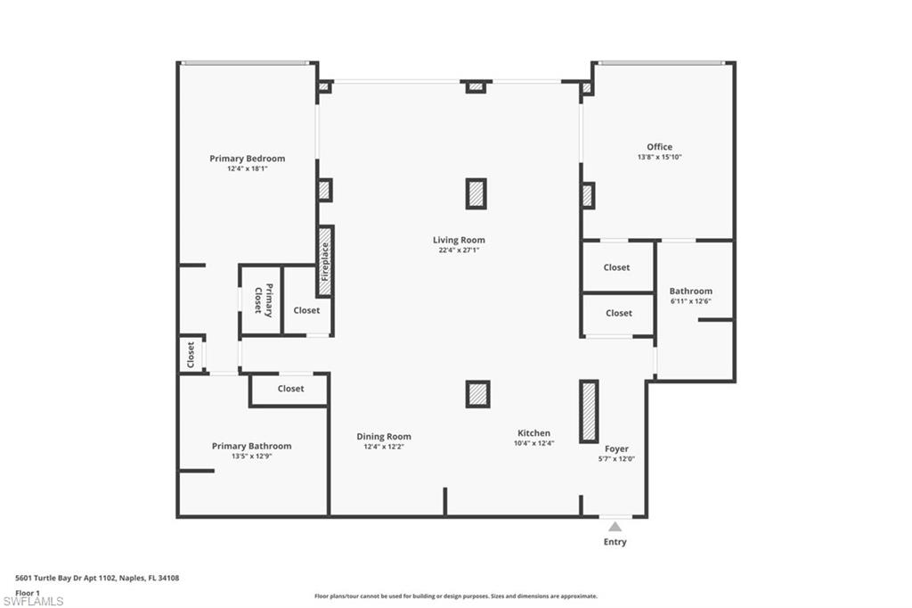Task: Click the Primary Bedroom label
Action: (248, 159)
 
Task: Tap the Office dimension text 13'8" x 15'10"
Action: (659, 157)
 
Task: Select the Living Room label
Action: (459, 240)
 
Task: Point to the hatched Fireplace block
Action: (325, 261)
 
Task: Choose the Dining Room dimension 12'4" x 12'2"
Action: (384, 447)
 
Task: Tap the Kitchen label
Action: (533, 433)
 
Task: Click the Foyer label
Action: (616, 449)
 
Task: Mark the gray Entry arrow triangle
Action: (615, 527)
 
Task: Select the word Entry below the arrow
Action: (615, 542)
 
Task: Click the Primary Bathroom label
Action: (251, 446)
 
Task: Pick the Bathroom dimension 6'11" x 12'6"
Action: (690, 301)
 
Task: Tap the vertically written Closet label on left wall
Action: (191, 355)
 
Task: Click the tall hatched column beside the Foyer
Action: (589, 411)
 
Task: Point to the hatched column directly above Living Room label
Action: (476, 193)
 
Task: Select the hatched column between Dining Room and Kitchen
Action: (477, 393)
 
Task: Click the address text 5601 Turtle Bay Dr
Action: (98, 578)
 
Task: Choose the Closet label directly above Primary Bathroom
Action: (290, 389)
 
